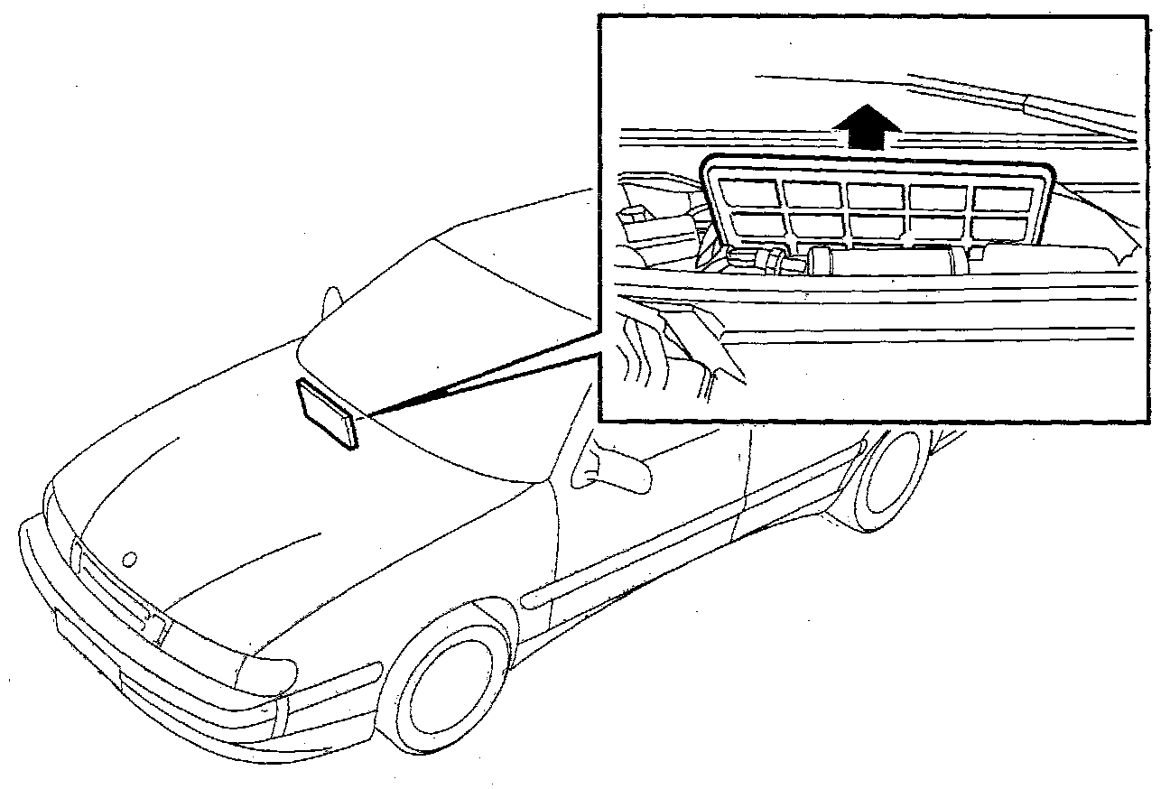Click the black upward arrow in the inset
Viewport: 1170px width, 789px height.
tap(868, 125)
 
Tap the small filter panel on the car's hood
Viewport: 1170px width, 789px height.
tap(327, 413)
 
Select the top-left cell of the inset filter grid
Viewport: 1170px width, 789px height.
tap(750, 192)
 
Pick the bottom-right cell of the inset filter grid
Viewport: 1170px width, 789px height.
tap(1001, 227)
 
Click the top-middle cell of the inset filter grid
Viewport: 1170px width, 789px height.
tap(876, 194)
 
